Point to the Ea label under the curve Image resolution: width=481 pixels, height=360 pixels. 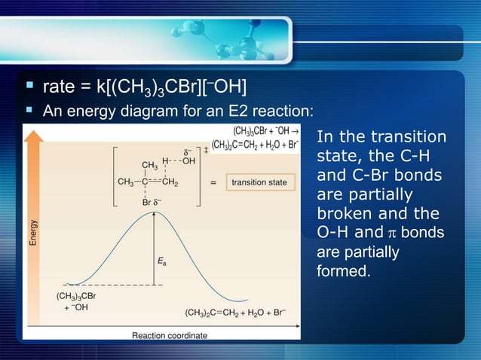(x=162, y=262)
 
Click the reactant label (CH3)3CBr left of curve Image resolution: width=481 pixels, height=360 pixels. (x=75, y=296)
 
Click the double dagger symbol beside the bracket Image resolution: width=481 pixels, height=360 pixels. (x=206, y=151)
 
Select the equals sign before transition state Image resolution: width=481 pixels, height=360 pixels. (x=213, y=182)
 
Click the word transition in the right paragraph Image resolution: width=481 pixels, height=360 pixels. (x=407, y=138)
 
